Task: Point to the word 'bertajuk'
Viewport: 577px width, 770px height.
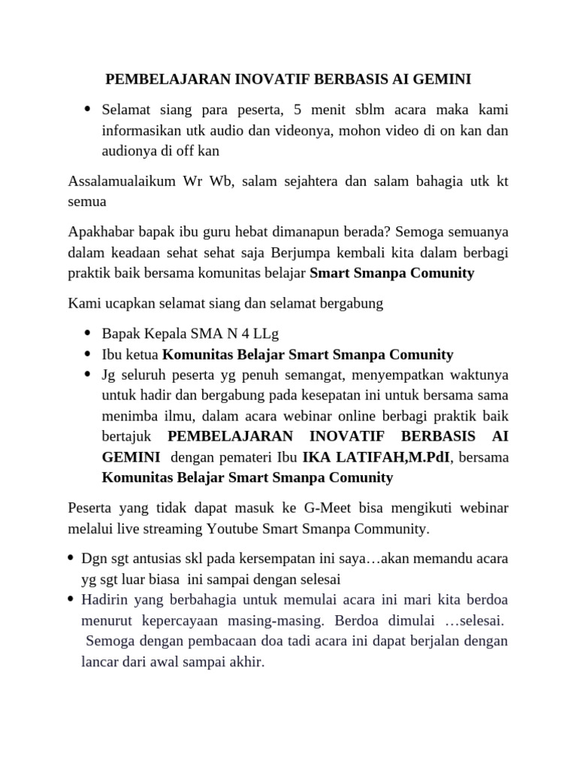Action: [x=127, y=436]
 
